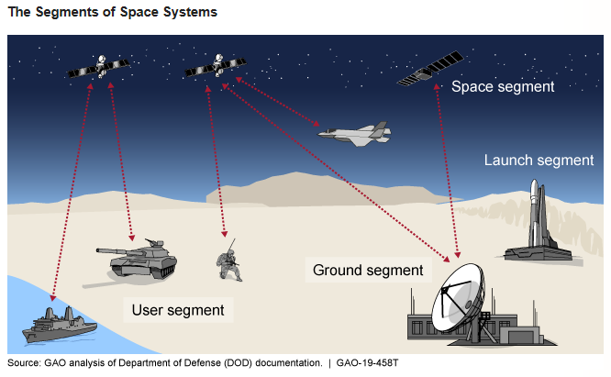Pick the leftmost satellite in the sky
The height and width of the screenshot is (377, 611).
click(x=95, y=67)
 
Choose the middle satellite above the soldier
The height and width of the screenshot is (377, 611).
click(x=215, y=66)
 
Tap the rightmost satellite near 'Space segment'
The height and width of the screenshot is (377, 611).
click(x=428, y=70)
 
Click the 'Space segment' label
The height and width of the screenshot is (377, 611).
click(x=503, y=87)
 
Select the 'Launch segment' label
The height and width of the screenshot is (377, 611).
click(x=539, y=161)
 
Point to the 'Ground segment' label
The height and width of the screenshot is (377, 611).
click(x=367, y=270)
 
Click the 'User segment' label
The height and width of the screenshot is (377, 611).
click(x=178, y=310)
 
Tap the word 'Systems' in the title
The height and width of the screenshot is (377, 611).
click(x=192, y=13)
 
